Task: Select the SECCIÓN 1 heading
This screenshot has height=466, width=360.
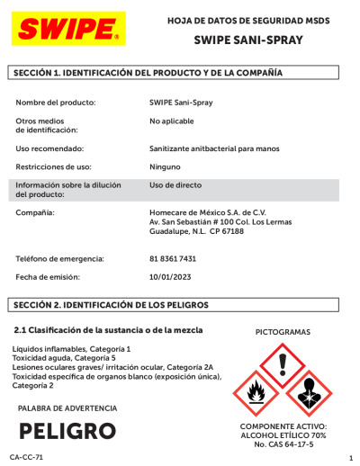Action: [x=148, y=72]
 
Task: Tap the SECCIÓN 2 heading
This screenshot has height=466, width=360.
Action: [x=112, y=305]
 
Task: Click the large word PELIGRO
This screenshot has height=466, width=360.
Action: [x=67, y=430]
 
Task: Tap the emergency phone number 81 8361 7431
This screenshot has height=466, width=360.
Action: [x=173, y=258]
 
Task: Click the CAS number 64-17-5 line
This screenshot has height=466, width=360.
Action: [x=283, y=444]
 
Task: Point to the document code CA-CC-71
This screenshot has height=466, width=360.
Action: [x=27, y=458]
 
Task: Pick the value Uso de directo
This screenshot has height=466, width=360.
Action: [x=175, y=184]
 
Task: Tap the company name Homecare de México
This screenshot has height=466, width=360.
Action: [x=202, y=212]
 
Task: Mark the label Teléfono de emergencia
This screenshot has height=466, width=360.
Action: [x=60, y=258]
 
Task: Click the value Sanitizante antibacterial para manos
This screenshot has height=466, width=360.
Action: [x=214, y=148]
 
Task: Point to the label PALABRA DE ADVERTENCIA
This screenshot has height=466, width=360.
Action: [x=67, y=408]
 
